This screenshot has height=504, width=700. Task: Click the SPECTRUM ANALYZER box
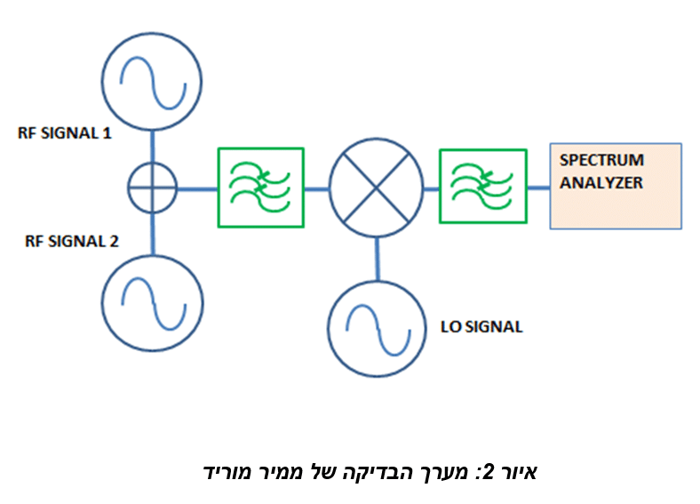click(x=616, y=186)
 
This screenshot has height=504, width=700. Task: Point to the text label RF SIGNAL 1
click(x=65, y=133)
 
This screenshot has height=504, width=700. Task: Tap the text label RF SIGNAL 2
click(x=65, y=241)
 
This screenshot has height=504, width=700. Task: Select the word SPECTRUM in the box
click(x=601, y=160)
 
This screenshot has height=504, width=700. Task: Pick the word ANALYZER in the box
click(x=600, y=183)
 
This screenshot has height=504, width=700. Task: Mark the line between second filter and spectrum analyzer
click(x=538, y=188)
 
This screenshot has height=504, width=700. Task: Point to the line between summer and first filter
click(x=197, y=188)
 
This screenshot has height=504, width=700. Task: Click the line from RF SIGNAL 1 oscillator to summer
click(x=152, y=145)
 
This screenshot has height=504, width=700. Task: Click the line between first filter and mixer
click(x=316, y=188)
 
